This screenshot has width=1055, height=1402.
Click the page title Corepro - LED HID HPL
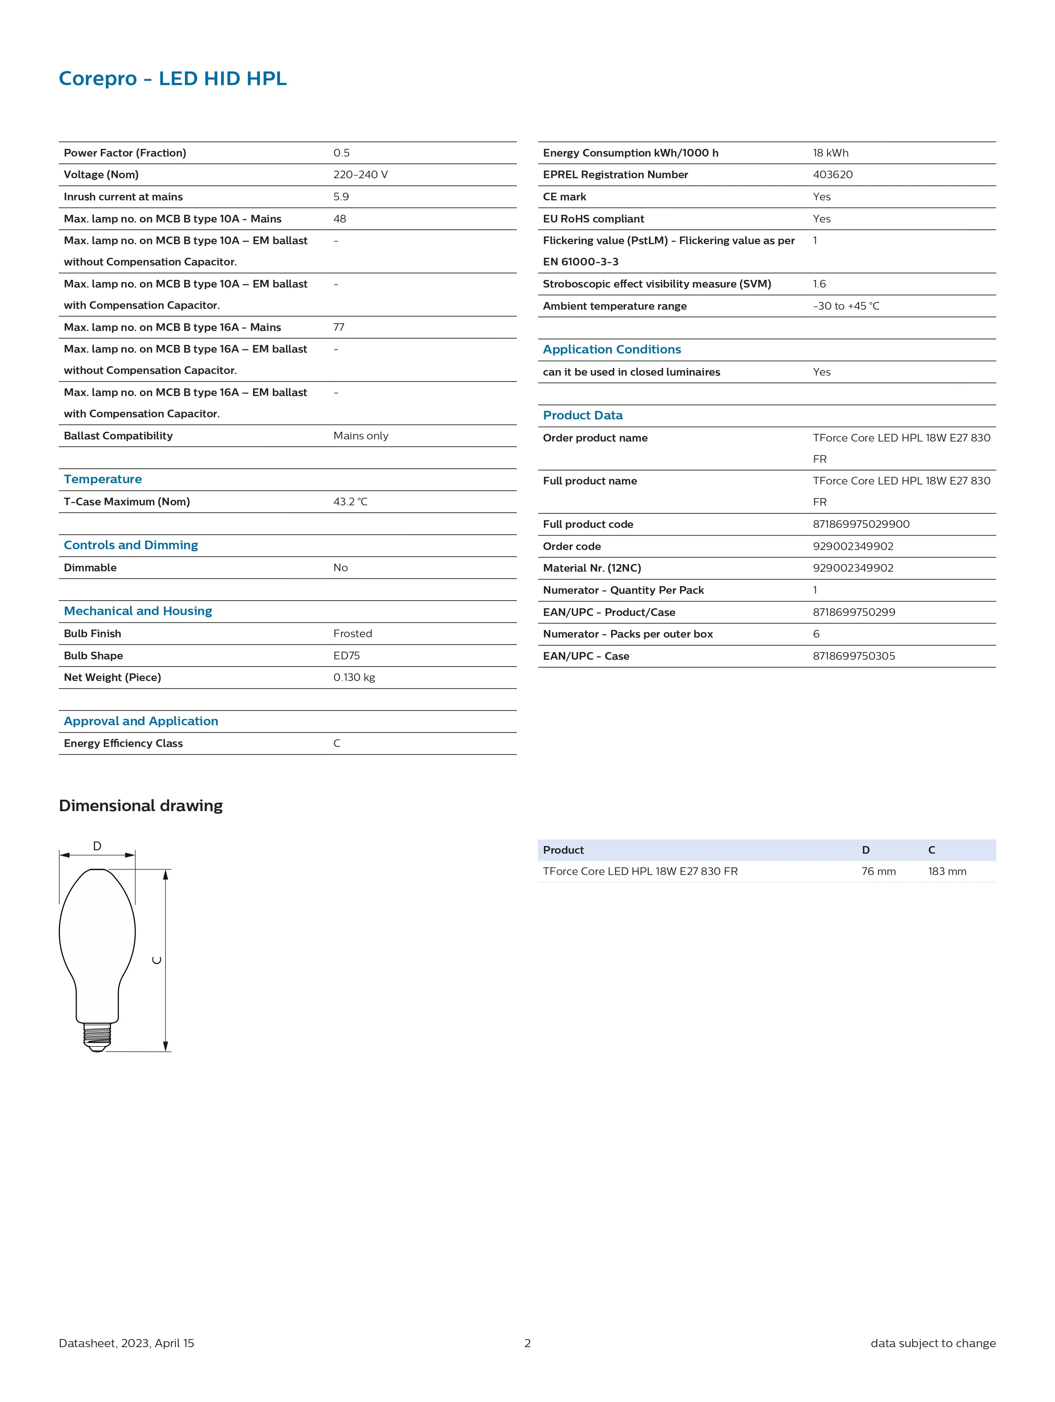pos(172,79)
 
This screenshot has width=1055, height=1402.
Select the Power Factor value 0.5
pos(341,153)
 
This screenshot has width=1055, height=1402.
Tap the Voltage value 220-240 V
pos(360,174)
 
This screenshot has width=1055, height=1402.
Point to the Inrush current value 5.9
pos(341,197)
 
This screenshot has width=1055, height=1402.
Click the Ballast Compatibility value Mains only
pos(361,436)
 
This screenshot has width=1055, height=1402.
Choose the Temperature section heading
pos(102,479)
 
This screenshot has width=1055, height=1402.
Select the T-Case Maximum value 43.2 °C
pos(350,502)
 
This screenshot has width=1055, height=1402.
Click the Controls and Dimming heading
pos(131,545)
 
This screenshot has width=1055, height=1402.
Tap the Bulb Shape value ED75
pos(346,655)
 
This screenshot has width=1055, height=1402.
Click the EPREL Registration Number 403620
pos(833,174)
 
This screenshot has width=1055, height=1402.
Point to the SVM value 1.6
pos(819,284)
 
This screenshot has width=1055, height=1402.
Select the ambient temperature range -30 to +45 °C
pos(846,306)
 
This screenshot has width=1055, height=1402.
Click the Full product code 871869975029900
pos(861,524)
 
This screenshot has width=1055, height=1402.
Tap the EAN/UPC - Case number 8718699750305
pos(853,656)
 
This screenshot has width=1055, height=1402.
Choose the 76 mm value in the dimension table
pos(878,872)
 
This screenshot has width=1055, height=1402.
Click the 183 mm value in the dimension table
pos(947,872)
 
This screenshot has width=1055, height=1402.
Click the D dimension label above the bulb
pos(97,846)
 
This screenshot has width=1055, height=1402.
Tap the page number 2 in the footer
pos(527,1343)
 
